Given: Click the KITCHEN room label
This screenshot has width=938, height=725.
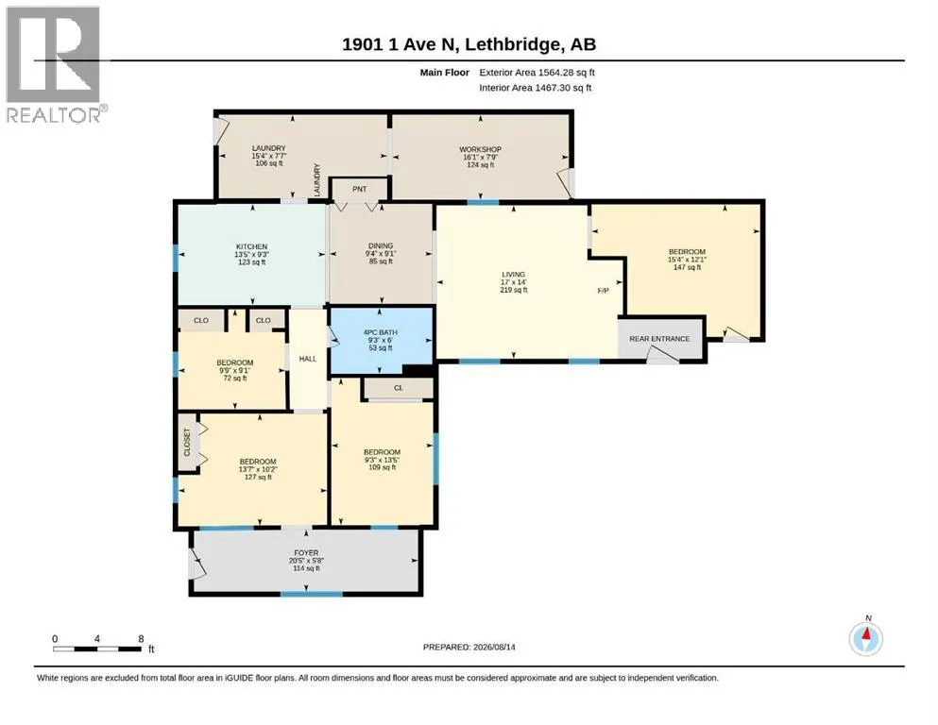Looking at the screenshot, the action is pos(251,246).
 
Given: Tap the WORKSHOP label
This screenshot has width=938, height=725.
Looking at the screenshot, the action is pos(481,149).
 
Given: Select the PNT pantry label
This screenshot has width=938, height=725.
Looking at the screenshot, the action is pos(360,189).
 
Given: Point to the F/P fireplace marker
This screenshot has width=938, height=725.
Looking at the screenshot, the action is pos(603,291).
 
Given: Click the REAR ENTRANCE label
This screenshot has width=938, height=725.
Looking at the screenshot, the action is pos(659,338).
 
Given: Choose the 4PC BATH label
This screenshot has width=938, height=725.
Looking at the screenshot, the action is pos(381,332).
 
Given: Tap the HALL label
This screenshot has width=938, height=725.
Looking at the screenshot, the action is pos(308,359).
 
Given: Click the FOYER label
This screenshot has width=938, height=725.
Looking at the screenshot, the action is pos(306,553).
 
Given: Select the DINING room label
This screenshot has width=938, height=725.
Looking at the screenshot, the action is pos(381,245).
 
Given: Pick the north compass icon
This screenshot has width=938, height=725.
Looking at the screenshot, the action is pos(865,638).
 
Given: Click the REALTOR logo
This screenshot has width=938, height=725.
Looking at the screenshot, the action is pos(55,64).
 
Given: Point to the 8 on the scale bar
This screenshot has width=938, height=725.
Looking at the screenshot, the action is pos(141,638).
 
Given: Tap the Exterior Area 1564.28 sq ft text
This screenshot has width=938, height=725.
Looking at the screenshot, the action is pos(537,73).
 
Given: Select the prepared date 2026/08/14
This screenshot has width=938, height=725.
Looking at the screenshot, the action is pos(494,647).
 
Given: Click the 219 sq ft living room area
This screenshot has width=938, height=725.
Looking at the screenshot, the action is pos(514,290).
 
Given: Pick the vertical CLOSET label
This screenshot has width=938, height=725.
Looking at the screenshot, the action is pos(187,442).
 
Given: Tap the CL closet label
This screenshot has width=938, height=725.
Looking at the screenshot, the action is pos(399,388).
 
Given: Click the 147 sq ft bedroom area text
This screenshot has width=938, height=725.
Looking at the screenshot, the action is pos(688,267).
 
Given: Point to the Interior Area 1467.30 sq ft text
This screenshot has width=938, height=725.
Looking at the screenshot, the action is pos(536,87).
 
